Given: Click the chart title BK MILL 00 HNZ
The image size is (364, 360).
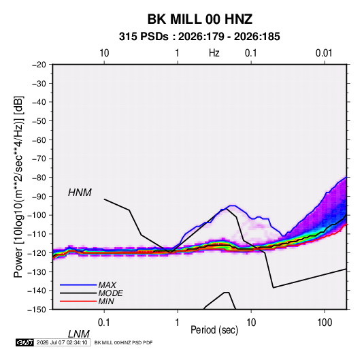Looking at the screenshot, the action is pos(200,19).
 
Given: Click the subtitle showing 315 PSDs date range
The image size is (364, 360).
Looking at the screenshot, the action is pos(199,37).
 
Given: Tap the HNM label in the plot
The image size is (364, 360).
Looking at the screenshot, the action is pos(80,193).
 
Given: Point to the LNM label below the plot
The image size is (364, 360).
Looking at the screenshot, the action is pos(79,334).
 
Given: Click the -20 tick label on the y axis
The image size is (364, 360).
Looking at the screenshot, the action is pos(39,65).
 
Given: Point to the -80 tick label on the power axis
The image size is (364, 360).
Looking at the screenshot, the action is pos(39,178).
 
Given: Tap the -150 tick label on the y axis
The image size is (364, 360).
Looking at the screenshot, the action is pos(37,310).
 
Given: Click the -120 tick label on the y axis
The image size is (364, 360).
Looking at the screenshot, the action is pos(37,253).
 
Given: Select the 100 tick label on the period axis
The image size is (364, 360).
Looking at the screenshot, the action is pos(325,323).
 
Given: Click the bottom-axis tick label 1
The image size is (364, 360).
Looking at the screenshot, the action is pos(178,323).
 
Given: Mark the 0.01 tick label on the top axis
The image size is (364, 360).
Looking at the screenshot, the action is pos(324,53).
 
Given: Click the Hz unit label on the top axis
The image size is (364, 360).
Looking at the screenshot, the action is pos(214,53).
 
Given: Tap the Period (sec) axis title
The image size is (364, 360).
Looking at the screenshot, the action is pos(214,330).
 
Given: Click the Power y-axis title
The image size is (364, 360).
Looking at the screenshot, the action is pos(18,187).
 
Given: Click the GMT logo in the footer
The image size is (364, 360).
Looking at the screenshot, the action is pos(25,342).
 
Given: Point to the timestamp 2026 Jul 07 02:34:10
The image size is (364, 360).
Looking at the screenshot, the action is pos(62,342).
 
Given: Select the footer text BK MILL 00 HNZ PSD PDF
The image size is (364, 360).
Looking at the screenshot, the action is pos(124,342).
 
